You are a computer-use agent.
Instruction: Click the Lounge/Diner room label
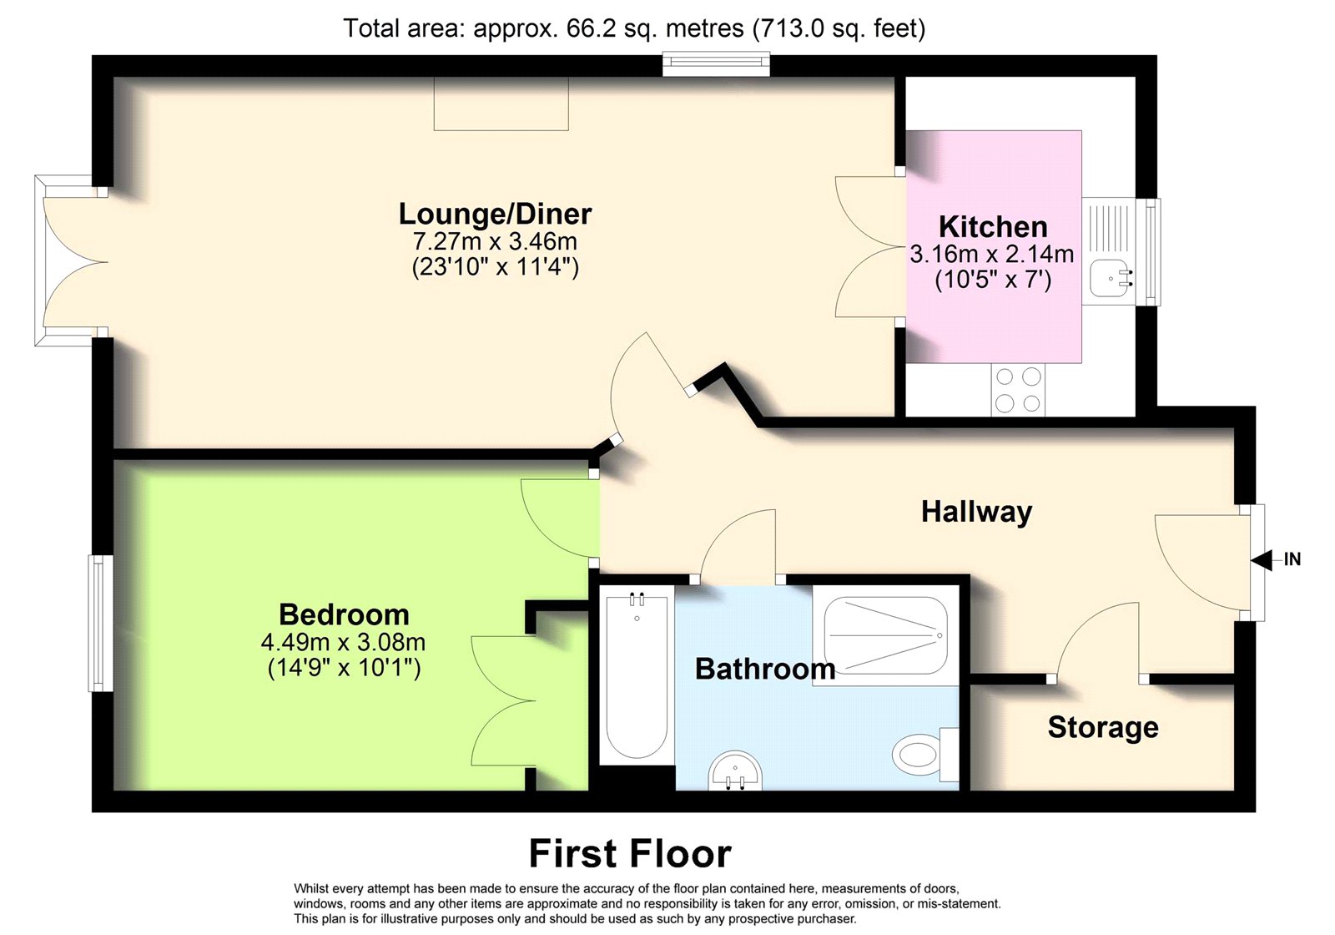[495, 214]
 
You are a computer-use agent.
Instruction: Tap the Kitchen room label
[993, 227]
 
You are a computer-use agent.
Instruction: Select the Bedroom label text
[344, 614]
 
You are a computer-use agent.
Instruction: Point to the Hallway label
[976, 513]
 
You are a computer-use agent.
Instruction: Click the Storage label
[1103, 727]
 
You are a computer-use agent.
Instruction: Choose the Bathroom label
[765, 669]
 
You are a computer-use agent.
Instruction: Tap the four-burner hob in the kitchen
[1019, 390]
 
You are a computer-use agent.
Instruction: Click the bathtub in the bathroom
[637, 675]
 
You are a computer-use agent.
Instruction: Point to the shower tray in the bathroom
[885, 635]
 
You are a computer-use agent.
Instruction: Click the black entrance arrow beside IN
[1261, 560]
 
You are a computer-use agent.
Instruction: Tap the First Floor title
[630, 854]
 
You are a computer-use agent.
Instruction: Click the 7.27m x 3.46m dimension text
[495, 241]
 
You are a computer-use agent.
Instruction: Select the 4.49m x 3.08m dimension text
[343, 642]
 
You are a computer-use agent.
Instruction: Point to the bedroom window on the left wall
[101, 623]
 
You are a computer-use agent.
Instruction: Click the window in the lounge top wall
[717, 64]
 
